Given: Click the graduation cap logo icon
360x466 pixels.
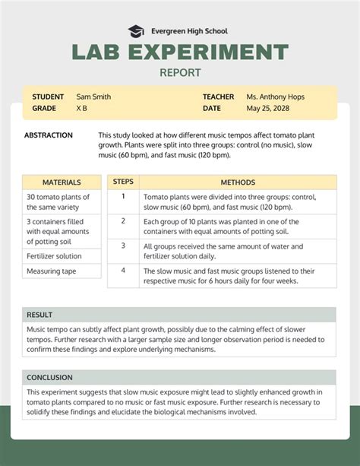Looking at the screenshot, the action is pos(136,31).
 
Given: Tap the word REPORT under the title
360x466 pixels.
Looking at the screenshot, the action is pos(180,73).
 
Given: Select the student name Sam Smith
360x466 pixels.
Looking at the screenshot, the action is pos(93,97).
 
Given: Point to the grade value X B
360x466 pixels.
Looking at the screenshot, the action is pos(82,109).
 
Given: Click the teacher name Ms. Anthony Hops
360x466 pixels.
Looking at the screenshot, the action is pos(274,97).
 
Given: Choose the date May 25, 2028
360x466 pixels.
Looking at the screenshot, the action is pos(268,109).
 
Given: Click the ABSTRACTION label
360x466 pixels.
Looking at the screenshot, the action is pos(49,135).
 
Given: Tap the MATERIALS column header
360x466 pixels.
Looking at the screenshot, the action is pos(62,182).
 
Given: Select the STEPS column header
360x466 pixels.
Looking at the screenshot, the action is pos(123,182).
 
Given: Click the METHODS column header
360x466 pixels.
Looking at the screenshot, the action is pos(238,182).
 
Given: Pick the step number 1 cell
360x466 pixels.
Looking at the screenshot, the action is pos(123,196).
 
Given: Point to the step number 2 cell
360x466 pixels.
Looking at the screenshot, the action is pos(123,221).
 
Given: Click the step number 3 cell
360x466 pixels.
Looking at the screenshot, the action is pos(123,246).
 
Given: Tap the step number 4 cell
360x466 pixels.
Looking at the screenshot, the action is pos(123,270).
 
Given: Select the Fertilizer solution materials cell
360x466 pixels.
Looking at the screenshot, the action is pos(55,256).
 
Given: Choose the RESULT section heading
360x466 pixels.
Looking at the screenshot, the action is pos(39,315).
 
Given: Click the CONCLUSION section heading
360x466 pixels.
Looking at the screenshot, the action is pos(50,377).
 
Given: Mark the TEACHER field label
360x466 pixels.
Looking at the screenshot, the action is pos(219,97).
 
